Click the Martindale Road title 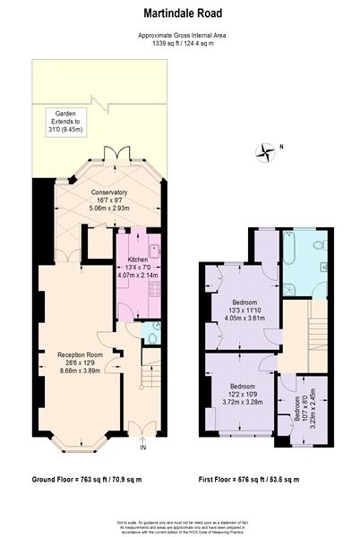tap(179, 13)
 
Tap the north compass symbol tap(265, 152)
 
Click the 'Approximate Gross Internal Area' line tap(179, 34)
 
